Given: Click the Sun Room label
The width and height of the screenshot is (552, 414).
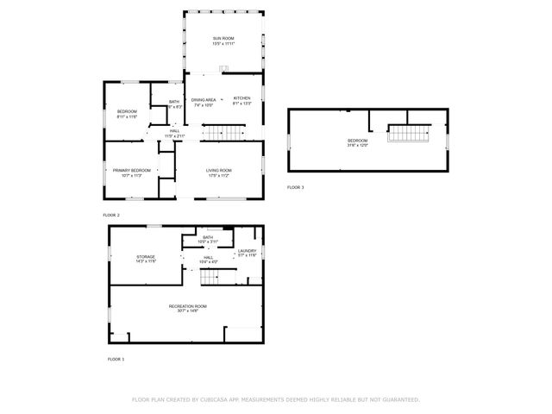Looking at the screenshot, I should [x=223, y=39].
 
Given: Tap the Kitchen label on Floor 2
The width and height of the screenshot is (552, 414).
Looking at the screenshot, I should [x=241, y=98].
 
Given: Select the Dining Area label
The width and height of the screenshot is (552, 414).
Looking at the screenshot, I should [x=204, y=98].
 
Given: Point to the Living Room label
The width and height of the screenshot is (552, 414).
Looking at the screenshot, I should [x=218, y=170].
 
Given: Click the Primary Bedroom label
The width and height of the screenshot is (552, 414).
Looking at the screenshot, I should [x=132, y=170].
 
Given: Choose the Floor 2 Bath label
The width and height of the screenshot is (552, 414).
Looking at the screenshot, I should [x=174, y=103].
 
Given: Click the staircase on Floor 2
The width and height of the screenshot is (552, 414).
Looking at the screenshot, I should [x=224, y=132].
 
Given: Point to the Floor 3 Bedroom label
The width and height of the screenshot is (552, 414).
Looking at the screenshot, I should [x=358, y=141].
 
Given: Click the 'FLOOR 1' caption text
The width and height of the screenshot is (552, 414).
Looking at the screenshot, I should [x=116, y=358].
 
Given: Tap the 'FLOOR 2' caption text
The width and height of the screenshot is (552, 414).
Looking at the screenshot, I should [x=111, y=214].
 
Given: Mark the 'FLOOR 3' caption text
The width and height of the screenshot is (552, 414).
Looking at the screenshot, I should [x=296, y=187].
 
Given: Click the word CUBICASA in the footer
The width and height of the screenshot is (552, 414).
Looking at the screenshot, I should [x=224, y=399].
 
